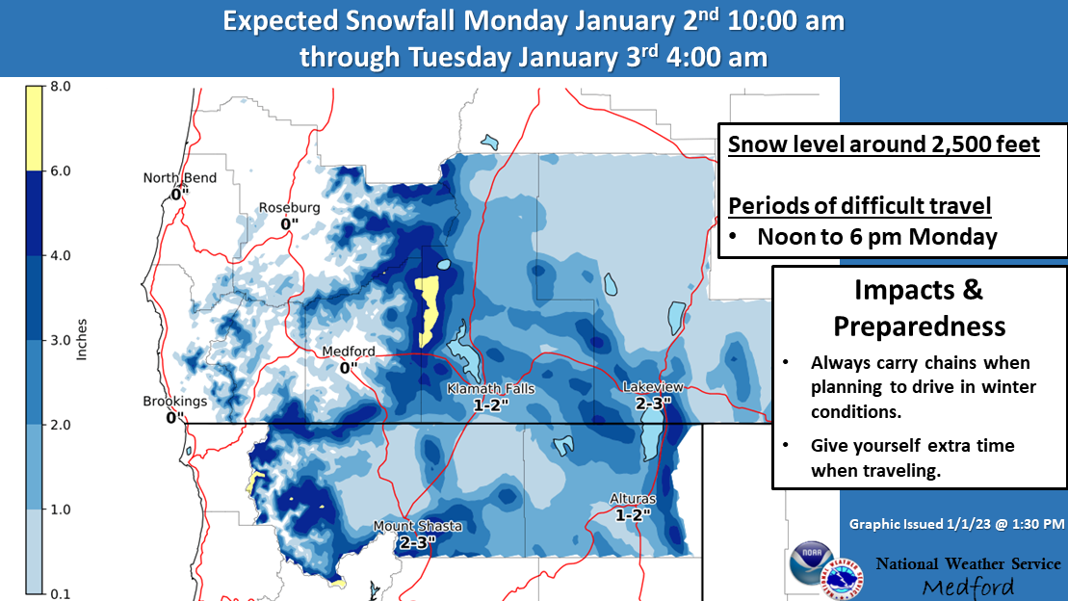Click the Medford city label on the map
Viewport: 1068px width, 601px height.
pos(348,352)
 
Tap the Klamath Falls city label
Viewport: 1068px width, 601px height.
pos(490,389)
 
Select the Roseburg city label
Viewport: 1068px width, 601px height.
pos(289,208)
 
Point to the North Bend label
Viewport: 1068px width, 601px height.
pos(180,178)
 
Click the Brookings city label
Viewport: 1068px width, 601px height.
pos(175,402)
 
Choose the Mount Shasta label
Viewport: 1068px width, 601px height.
pos(418,526)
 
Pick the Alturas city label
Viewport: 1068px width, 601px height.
pos(632,499)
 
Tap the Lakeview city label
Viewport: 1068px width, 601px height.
pos(653,387)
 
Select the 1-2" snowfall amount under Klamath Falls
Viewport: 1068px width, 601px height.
pos(491,405)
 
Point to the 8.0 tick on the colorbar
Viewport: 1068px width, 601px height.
pos(60,87)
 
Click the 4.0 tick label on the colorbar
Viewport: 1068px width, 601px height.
pos(60,255)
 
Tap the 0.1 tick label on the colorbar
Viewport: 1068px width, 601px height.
pos(60,594)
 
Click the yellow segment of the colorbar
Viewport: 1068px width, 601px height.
pos(34,128)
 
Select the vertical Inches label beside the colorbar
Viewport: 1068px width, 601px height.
pos(82,339)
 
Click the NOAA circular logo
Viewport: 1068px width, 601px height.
pos(810,562)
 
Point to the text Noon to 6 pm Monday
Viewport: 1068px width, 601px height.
pos(877,237)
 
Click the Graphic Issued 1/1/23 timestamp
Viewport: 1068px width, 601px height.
pos(956,524)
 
